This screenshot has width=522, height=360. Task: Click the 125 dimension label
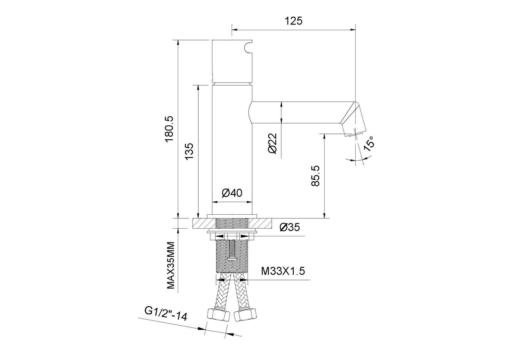click(x=293, y=21)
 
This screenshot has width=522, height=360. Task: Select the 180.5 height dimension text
click(x=169, y=129)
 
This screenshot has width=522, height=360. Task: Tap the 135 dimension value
click(x=189, y=151)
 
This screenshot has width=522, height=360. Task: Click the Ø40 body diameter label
click(x=232, y=193)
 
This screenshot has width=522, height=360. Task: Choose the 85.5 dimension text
click(x=316, y=176)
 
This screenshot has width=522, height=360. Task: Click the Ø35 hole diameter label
click(x=290, y=227)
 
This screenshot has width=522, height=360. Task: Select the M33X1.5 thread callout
click(x=283, y=271)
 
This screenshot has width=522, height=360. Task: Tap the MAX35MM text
click(x=171, y=265)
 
